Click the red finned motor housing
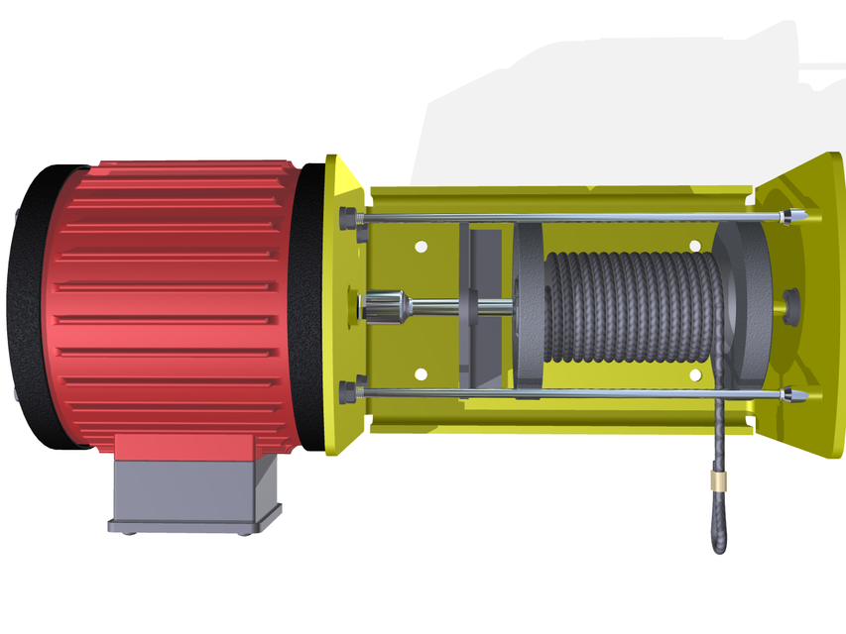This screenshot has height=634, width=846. [179, 297]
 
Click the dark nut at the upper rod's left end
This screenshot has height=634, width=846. [347, 218]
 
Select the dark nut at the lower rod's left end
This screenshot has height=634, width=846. [347, 392]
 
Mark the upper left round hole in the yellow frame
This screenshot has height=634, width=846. [421, 244]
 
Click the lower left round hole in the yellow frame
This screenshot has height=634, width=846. [421, 373]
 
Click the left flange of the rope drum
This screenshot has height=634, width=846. [527, 307]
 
